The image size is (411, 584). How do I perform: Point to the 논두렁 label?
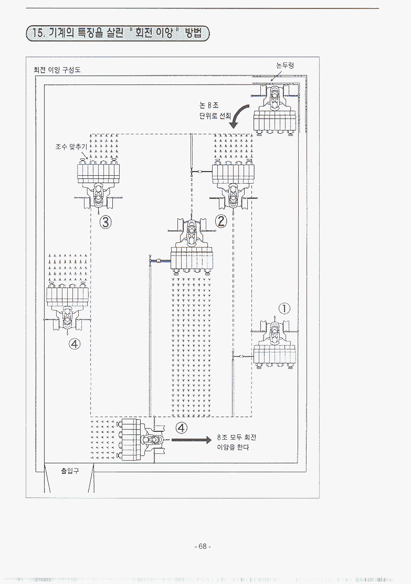click(284, 66)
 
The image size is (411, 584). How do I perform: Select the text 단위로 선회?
click(215, 116)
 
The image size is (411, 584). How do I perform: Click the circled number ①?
click(284, 309)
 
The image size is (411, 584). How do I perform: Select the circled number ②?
click(221, 221)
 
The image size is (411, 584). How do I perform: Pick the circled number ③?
click(106, 222)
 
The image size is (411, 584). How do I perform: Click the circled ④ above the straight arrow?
click(181, 428)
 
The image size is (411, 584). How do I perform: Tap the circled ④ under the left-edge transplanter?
click(75, 344)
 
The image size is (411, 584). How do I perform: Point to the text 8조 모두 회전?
click(237, 437)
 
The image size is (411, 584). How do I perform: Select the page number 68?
click(202, 546)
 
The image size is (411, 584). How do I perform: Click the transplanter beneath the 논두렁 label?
click(275, 111)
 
